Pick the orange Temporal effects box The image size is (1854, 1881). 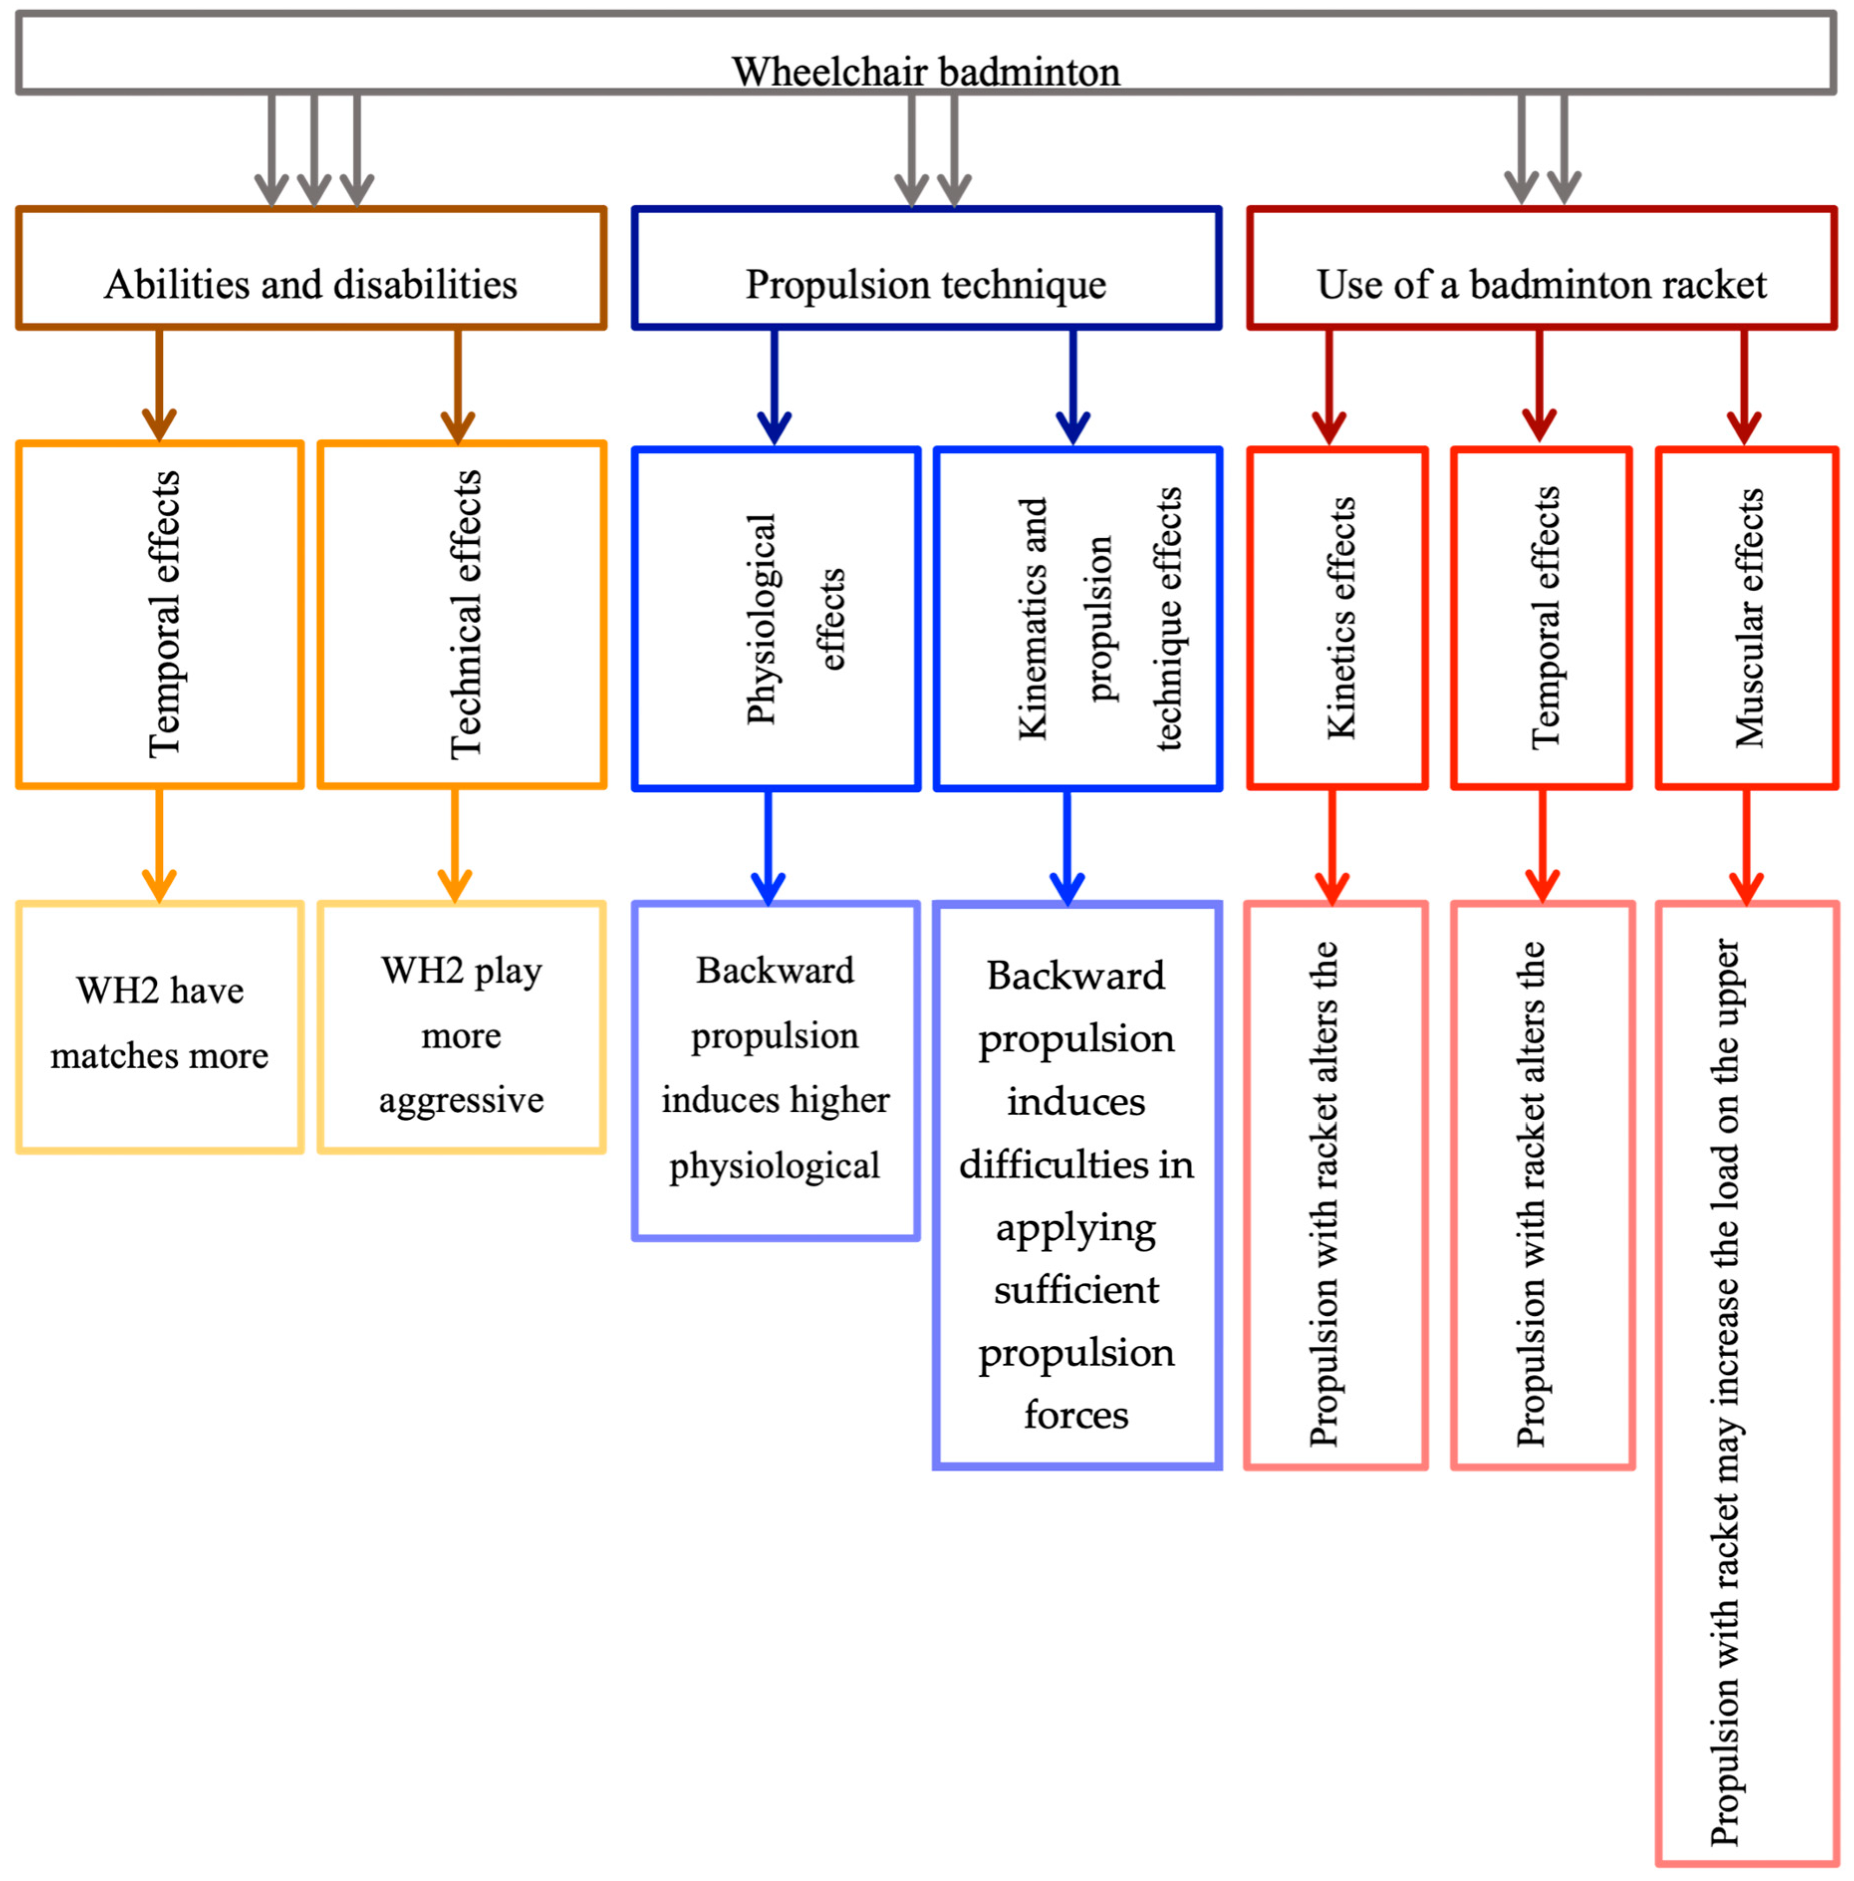point(160,614)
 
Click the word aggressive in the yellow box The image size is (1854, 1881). point(461,1100)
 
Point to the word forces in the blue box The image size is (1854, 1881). point(1076,1414)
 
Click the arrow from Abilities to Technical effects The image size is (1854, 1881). point(458,385)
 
